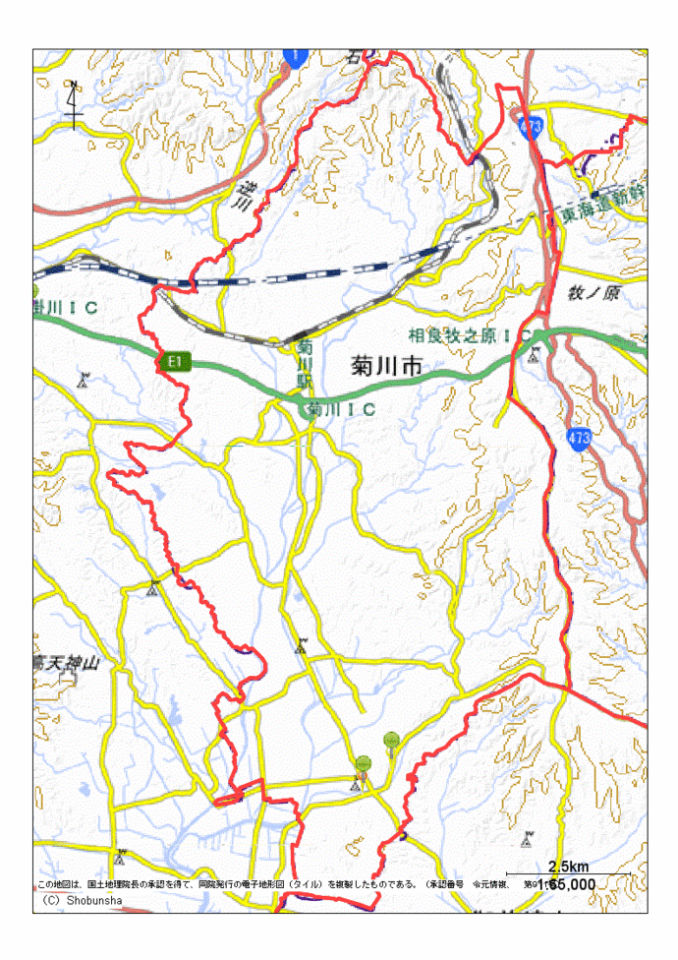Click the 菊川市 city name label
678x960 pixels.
pyautogui.click(x=386, y=367)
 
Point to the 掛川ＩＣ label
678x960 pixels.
pyautogui.click(x=66, y=309)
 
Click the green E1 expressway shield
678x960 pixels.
pyautogui.click(x=173, y=362)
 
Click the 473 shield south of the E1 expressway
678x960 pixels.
pyautogui.click(x=579, y=438)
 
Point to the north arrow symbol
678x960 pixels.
pyautogui.click(x=75, y=104)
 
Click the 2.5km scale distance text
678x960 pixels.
pyautogui.click(x=568, y=867)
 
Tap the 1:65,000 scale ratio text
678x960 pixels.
pyautogui.click(x=567, y=884)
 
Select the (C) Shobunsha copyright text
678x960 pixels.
pyautogui.click(x=82, y=900)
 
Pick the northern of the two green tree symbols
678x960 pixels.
pyautogui.click(x=391, y=739)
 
